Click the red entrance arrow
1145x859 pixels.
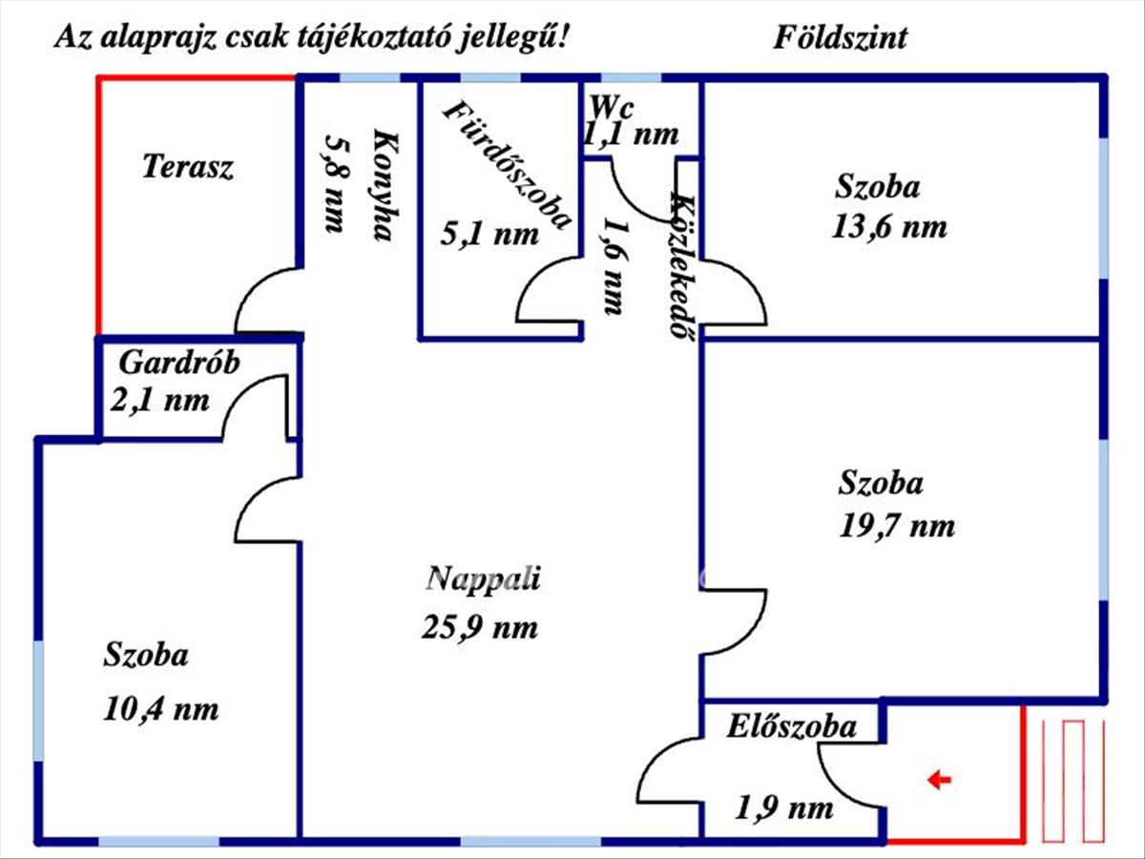tap(939, 781)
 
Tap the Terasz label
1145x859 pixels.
tap(188, 167)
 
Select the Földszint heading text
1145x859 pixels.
tap(840, 38)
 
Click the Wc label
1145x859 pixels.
tap(612, 108)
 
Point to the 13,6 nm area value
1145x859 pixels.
tap(889, 227)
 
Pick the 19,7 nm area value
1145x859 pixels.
tap(897, 526)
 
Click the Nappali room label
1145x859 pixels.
tap(483, 579)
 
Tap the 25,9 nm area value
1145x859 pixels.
tap(480, 627)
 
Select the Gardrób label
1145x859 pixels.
tap(179, 363)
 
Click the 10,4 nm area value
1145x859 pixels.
tap(160, 709)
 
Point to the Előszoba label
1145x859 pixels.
tap(791, 726)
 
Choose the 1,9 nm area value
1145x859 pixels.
tap(783, 808)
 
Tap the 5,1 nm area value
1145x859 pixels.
tap(489, 234)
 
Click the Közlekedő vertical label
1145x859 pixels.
tap(683, 266)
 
